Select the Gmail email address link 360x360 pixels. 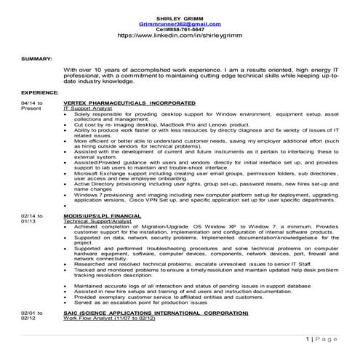(180, 24)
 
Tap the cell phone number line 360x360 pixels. (180, 30)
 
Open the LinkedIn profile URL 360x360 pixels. (180, 36)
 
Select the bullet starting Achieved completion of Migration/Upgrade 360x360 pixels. (204, 230)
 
